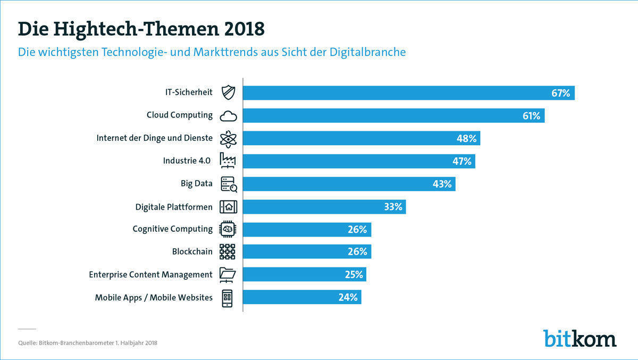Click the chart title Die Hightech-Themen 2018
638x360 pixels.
141,29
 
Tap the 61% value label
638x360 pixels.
531,115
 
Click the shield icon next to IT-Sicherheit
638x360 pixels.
228,93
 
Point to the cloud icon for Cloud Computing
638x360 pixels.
228,115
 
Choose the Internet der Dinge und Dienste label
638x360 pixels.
154,138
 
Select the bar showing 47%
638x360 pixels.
359,161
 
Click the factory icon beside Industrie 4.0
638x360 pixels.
228,161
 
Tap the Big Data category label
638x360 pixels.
196,183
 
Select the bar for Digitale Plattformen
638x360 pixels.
324,207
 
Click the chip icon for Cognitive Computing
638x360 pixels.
228,229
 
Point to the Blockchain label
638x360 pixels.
192,252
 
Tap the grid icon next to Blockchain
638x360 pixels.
228,252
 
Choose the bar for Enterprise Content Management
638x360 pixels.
305,274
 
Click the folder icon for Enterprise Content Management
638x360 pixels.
228,274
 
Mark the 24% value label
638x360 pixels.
348,297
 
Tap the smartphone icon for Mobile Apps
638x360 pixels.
228,297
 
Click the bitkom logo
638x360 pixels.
580,338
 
